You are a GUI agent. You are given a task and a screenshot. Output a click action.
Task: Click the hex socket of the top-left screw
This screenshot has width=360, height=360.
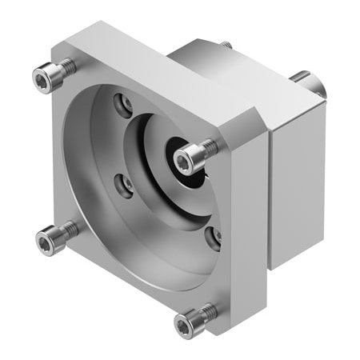[x=43, y=78]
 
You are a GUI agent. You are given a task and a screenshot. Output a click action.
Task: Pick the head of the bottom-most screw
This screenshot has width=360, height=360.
[x=185, y=325]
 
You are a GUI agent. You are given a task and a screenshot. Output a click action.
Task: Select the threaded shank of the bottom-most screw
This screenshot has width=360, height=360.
[x=206, y=311]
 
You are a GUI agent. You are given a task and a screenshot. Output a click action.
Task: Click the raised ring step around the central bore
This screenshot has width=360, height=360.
[x=160, y=200]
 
